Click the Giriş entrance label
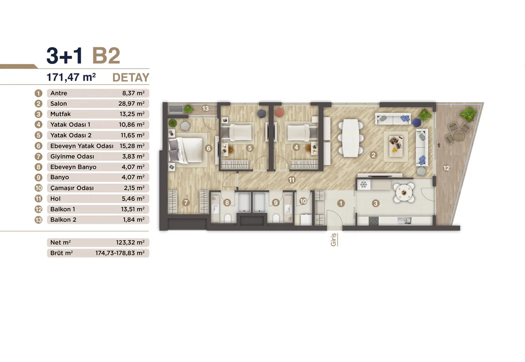click(x=334, y=240)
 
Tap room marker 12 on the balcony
click(x=446, y=168)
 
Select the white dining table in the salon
click(x=350, y=138)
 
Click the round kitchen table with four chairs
click(x=404, y=192)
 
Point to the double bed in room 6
click(x=186, y=151)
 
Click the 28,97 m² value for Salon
click(x=131, y=104)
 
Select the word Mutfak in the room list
click(x=61, y=114)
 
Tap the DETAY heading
click(x=131, y=77)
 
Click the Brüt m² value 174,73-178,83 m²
click(x=120, y=253)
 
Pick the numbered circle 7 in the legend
click(x=39, y=157)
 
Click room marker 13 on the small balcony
click(x=205, y=108)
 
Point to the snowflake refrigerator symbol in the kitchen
click(x=364, y=185)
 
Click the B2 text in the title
click(x=106, y=56)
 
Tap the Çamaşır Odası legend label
click(x=72, y=188)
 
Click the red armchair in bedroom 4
click(x=279, y=113)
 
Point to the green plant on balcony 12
click(x=468, y=114)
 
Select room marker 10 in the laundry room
click(x=303, y=201)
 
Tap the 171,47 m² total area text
click(x=71, y=77)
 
